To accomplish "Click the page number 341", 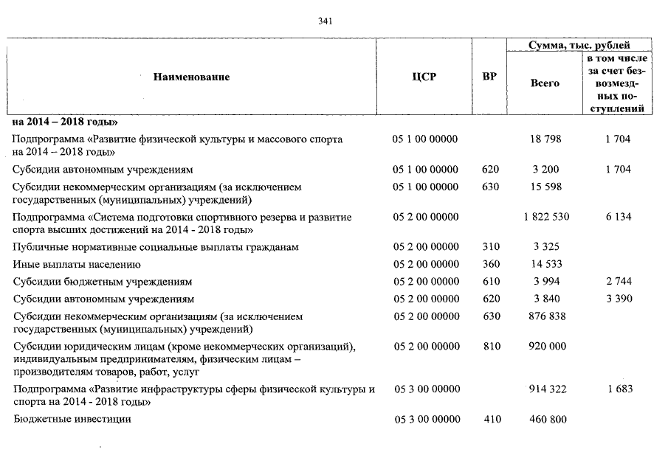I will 325,21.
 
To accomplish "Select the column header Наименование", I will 191,77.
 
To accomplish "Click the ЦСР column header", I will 424,77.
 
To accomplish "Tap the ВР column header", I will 489,77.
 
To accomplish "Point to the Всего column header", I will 545,83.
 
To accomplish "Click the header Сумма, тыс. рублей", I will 579,46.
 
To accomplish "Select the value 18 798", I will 545,139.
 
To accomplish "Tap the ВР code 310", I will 490,247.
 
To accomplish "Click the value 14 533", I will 545,264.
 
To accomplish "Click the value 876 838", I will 545,316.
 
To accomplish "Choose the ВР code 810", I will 490,347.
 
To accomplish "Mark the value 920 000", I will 545,347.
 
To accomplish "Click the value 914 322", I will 545,389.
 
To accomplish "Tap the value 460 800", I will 545,420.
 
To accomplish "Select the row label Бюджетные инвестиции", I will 72,420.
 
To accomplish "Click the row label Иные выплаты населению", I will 77,264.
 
